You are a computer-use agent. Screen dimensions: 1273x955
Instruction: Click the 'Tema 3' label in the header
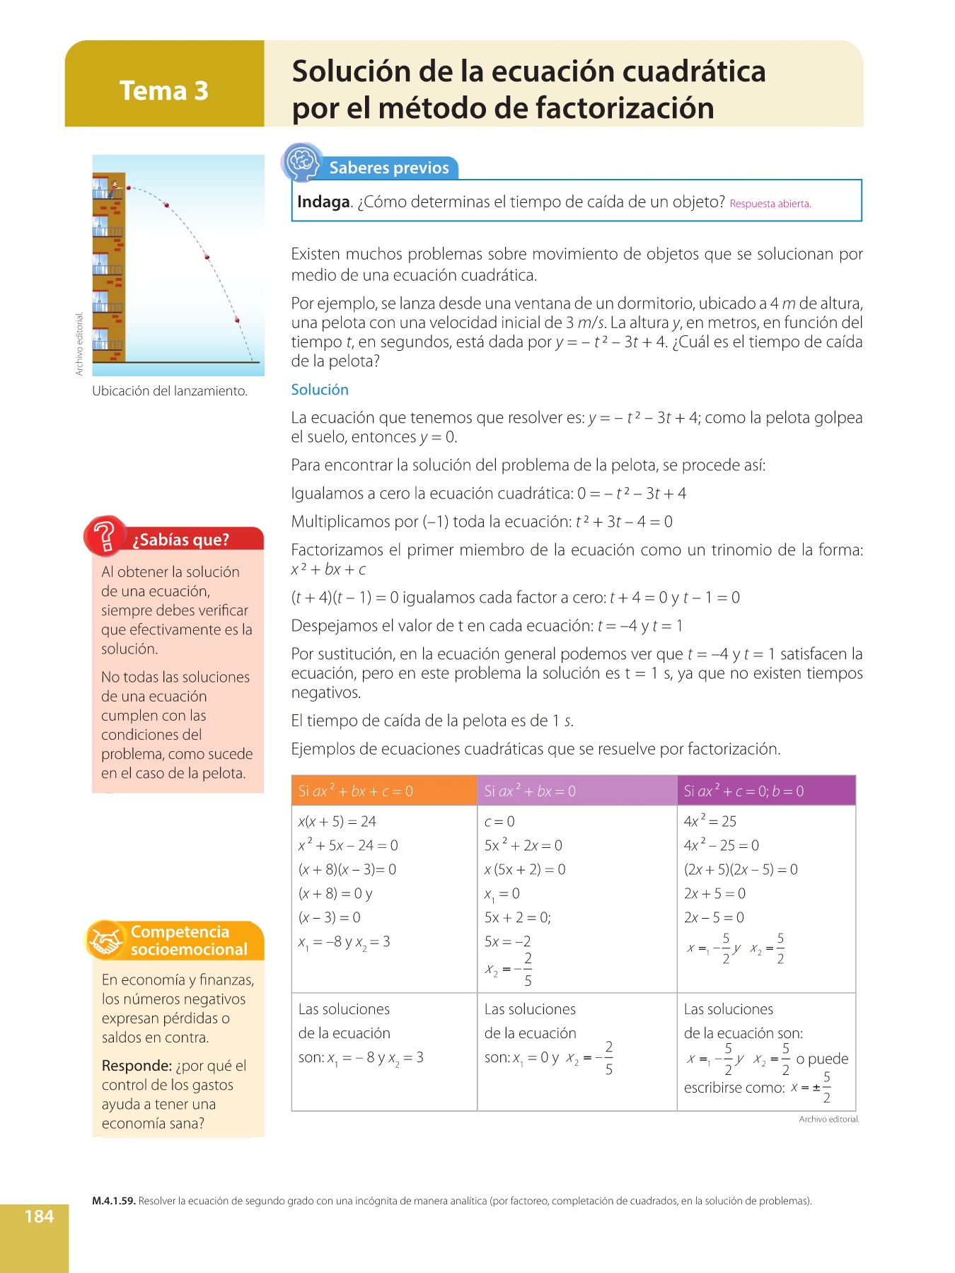click(x=163, y=91)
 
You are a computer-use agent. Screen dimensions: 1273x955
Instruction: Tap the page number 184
click(x=39, y=1216)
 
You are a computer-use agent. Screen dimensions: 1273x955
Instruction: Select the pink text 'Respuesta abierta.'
click(x=770, y=204)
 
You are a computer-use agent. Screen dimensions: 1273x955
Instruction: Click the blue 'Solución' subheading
click(x=320, y=390)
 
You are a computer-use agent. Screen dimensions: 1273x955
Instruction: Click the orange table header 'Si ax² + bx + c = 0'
click(x=356, y=791)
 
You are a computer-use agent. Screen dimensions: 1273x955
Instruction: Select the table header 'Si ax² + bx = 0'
click(x=530, y=791)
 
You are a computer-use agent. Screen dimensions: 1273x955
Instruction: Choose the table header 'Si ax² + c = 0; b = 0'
click(x=743, y=791)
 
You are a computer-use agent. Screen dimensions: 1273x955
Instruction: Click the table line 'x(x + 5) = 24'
click(x=337, y=822)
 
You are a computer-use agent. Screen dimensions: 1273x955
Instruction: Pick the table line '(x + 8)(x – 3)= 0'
click(x=347, y=870)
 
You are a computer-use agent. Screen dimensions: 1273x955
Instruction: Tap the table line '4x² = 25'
click(x=710, y=822)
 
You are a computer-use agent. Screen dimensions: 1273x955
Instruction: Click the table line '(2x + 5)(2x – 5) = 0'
click(x=741, y=870)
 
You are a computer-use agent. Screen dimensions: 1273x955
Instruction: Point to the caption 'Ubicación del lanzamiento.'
click(x=170, y=391)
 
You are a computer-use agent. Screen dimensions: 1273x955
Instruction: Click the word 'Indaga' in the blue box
click(x=323, y=202)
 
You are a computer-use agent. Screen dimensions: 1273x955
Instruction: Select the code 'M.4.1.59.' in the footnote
click(x=113, y=1201)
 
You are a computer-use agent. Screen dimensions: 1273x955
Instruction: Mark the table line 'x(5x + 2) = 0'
click(x=525, y=870)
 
